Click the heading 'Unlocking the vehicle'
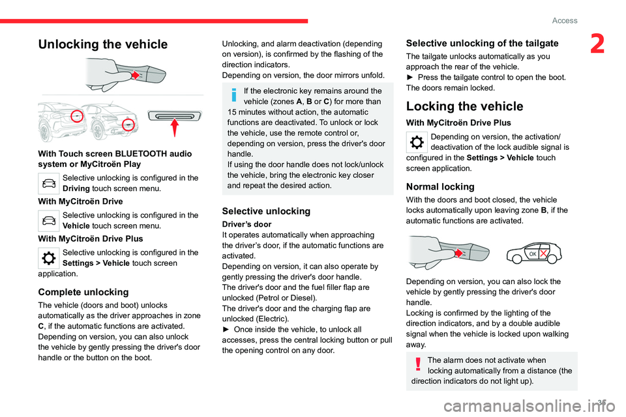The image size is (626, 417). (x=102, y=44)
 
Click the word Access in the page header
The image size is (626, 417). (x=565, y=20)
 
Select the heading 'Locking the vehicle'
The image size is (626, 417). (x=464, y=106)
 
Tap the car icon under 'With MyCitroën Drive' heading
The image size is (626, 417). (x=50, y=220)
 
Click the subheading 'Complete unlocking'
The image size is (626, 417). (x=83, y=292)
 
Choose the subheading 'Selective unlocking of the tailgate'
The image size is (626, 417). (x=482, y=43)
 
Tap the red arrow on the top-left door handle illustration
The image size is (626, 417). (x=135, y=76)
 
